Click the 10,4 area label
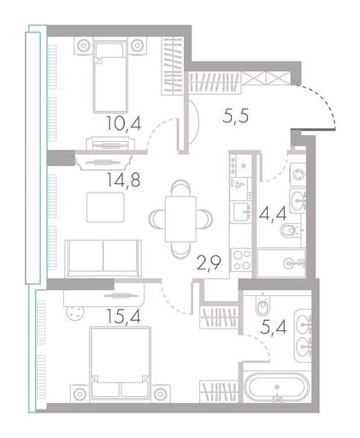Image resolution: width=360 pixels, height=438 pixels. [123, 124]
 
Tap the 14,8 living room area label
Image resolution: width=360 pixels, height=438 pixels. [123, 180]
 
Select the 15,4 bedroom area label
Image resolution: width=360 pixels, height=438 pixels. [123, 316]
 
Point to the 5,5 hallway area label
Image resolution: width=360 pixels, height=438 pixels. [236, 115]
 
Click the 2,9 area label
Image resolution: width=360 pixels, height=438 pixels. [209, 263]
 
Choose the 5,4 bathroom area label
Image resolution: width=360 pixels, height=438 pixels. [274, 327]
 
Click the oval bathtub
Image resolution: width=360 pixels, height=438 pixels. [277, 388]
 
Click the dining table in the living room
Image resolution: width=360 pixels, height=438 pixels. [181, 219]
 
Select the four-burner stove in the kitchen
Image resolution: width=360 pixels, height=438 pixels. [241, 260]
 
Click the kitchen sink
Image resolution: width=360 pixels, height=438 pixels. [242, 211]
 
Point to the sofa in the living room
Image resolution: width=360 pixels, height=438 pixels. [103, 258]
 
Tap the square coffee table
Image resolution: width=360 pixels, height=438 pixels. [105, 207]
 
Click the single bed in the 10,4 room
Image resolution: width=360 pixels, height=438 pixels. [110, 76]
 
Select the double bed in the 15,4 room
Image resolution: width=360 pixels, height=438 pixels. [120, 362]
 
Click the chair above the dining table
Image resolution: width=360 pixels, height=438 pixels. [180, 188]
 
